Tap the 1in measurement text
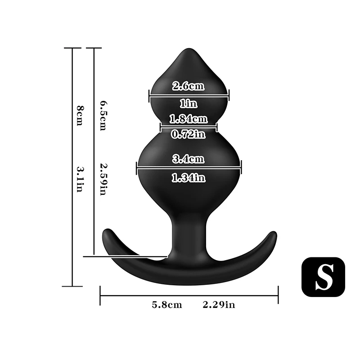[189, 104]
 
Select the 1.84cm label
[189, 119]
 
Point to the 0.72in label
[189, 134]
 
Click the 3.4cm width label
[189, 159]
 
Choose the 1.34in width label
[189, 178]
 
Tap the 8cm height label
[80, 116]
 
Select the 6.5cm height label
[103, 116]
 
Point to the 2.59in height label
[103, 179]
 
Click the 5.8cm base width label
[167, 305]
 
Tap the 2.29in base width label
[219, 305]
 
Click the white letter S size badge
[323, 278]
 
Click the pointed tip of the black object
[189, 50]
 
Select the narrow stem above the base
[189, 234]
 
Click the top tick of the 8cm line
[72, 48]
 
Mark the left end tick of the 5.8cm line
[100, 296]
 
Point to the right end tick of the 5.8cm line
[278, 296]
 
